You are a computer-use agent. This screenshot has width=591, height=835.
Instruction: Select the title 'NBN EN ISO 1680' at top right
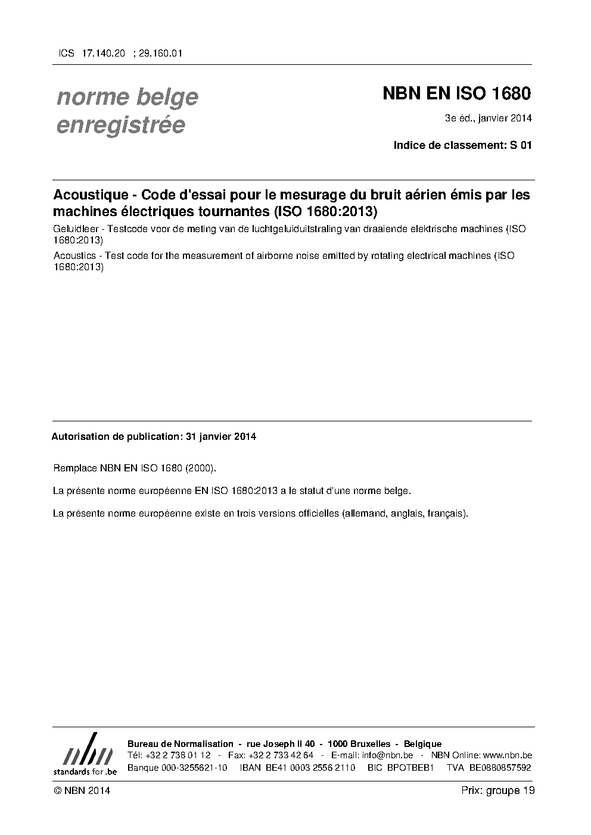456,94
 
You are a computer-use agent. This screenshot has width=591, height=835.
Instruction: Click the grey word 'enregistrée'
121,126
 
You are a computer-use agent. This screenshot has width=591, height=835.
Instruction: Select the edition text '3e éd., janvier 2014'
488,118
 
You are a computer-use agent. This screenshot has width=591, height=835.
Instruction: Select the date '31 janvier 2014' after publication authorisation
221,436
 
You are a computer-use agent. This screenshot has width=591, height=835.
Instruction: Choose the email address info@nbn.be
387,755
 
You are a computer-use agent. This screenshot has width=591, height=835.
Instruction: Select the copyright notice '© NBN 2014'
81,790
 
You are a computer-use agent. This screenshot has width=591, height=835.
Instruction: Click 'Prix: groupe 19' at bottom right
497,790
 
